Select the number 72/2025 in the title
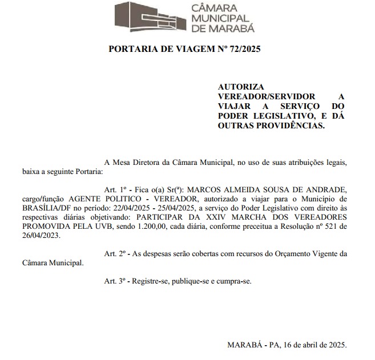[240, 49]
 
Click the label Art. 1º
[114, 188]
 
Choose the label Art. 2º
[114, 253]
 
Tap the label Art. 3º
[114, 281]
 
